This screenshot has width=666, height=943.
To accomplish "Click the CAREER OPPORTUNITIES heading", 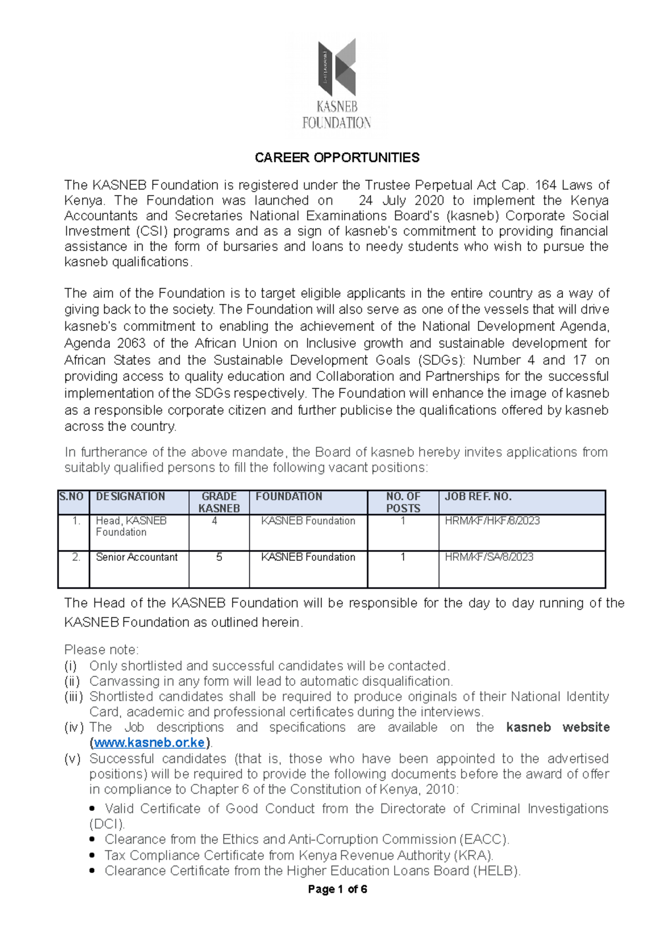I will pyautogui.click(x=337, y=158).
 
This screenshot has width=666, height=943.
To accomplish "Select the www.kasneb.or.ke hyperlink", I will pyautogui.click(x=149, y=743).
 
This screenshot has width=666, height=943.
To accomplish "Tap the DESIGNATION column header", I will pyautogui.click(x=130, y=496).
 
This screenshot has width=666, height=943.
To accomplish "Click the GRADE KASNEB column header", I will pyautogui.click(x=219, y=502).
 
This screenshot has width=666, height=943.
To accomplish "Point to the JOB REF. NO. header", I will pyautogui.click(x=478, y=496).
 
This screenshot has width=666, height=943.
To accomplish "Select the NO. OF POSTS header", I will pyautogui.click(x=403, y=502).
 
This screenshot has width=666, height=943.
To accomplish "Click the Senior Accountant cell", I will pyautogui.click(x=137, y=557).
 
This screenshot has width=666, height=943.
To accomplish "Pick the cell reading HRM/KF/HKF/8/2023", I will pyautogui.click(x=492, y=521).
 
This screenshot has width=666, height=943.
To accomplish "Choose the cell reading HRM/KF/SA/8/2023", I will pyautogui.click(x=489, y=557).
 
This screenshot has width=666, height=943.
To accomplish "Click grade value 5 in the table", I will pyautogui.click(x=219, y=557).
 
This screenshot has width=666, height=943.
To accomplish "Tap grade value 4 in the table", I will pyautogui.click(x=214, y=521).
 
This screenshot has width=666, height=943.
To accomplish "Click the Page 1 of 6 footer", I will pyautogui.click(x=337, y=889).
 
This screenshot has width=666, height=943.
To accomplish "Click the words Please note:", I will pyautogui.click(x=102, y=650).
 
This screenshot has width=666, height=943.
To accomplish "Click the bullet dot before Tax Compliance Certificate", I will pyautogui.click(x=93, y=855).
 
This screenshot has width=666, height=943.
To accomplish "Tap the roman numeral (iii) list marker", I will pyautogui.click(x=73, y=696).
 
